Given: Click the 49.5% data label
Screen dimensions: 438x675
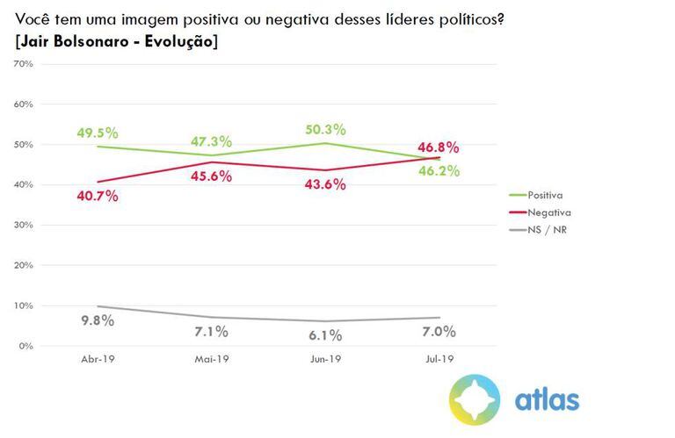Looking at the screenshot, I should click(97, 133).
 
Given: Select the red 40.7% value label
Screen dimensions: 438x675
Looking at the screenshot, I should click(97, 195).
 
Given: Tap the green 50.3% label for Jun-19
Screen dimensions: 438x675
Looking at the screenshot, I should click(323, 128).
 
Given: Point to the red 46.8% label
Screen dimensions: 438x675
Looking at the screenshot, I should click(437, 147).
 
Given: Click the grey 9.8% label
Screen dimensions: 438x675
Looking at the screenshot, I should click(97, 320).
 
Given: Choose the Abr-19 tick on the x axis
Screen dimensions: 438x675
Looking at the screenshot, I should click(97, 360).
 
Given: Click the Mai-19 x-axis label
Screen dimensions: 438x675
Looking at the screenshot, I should click(210, 360).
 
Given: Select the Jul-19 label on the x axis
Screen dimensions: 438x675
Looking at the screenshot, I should click(437, 360).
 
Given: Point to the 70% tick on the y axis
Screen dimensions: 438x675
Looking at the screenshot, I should click(23, 64).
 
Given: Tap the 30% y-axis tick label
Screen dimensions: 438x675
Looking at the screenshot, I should click(23, 225).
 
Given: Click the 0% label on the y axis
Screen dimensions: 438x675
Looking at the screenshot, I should click(25, 346).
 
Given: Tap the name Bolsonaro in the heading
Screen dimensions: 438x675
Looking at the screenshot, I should click(83, 41).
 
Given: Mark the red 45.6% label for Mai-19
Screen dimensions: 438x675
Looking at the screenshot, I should click(210, 176).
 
